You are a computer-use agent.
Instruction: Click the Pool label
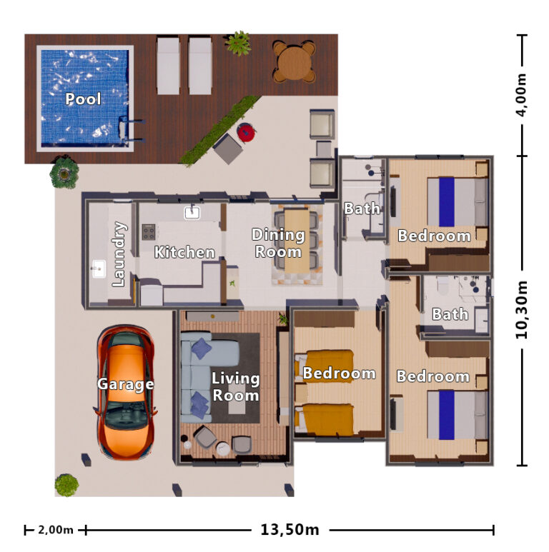(x=83, y=99)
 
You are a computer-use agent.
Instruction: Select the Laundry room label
(x=119, y=255)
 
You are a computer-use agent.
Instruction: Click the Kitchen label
(x=184, y=252)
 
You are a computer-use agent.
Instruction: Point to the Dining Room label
(x=279, y=243)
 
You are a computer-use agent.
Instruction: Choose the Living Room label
(x=235, y=386)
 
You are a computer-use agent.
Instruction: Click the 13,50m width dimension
(x=290, y=530)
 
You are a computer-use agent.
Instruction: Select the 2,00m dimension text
(x=56, y=530)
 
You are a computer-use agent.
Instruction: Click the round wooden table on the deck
(x=293, y=63)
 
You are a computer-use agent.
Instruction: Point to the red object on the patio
(x=246, y=132)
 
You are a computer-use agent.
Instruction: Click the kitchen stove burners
(x=149, y=232)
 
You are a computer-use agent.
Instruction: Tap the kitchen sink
(x=192, y=212)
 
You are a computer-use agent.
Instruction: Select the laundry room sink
(x=99, y=269)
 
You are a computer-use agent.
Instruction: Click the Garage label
(x=125, y=384)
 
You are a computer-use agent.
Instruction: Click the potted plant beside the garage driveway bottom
(x=66, y=485)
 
